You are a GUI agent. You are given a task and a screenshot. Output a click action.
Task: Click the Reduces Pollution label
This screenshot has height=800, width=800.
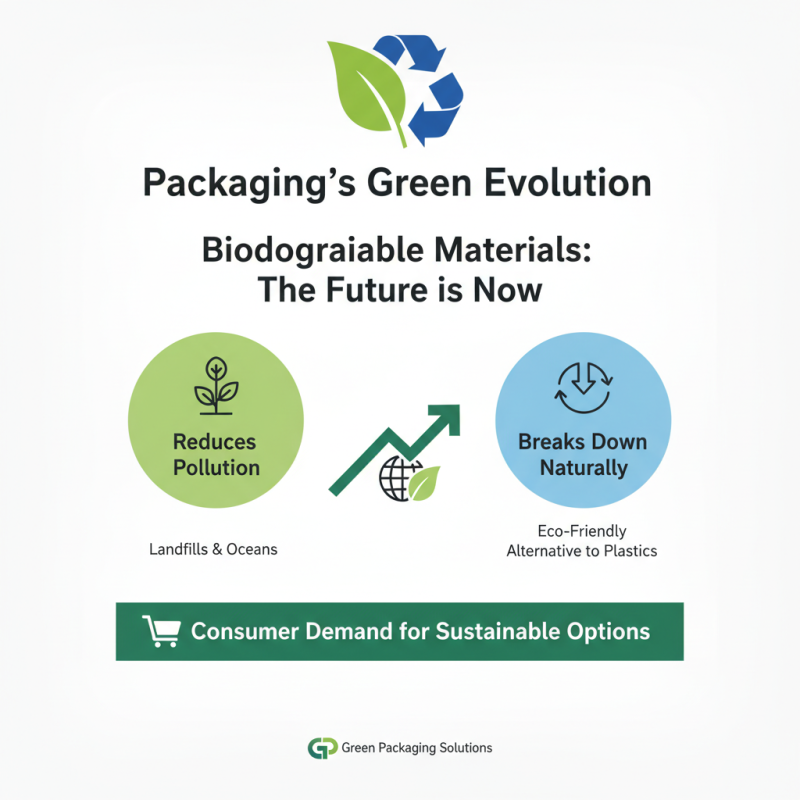click(215, 454)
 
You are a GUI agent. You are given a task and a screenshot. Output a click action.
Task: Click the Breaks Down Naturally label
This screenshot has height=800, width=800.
click(582, 454)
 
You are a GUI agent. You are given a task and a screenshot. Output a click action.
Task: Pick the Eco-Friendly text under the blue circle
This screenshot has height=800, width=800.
click(581, 531)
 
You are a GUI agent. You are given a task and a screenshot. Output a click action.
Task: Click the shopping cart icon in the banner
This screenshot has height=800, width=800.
click(161, 631)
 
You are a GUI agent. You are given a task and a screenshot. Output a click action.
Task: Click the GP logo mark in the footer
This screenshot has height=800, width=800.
click(322, 747)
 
